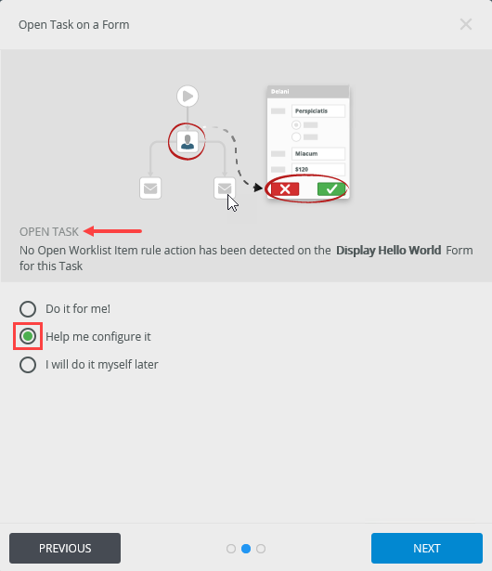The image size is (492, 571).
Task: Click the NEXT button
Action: pos(427,548)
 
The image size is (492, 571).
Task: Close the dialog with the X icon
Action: pos(466,24)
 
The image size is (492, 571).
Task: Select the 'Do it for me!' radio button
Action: pos(28,309)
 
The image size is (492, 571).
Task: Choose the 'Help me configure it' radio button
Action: pos(28,336)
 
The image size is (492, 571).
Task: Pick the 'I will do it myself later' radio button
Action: pos(28,365)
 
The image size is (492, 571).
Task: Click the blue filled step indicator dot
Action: pos(246,549)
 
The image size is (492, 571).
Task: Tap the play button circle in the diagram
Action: pos(188,97)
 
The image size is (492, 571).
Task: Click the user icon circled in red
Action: pos(188,141)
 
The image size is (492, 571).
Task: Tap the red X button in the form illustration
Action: pos(285,189)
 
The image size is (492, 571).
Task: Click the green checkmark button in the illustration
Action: pos(331,189)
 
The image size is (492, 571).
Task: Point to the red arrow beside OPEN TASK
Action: pos(112,231)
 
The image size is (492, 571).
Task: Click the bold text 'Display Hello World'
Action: pos(389,250)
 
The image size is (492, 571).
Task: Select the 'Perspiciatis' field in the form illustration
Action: pos(318,111)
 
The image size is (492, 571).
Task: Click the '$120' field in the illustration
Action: pos(318,169)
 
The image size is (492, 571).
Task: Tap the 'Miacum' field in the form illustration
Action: pos(318,154)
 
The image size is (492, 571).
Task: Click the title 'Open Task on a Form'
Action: pos(74,25)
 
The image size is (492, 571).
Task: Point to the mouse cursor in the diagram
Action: pos(232,202)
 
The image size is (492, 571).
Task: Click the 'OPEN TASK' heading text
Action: pos(49,231)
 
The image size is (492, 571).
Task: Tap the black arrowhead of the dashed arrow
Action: pos(258,188)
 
